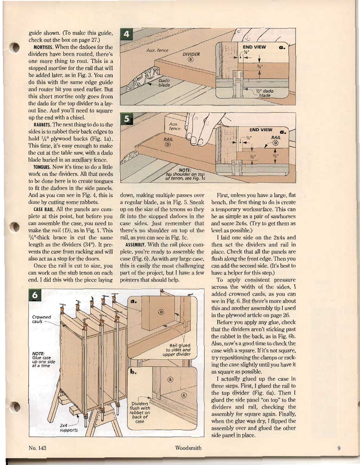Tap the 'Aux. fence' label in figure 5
(174, 126)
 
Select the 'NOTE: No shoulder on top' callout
(186, 173)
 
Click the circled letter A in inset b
(184, 395)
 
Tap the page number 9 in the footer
(339, 447)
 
